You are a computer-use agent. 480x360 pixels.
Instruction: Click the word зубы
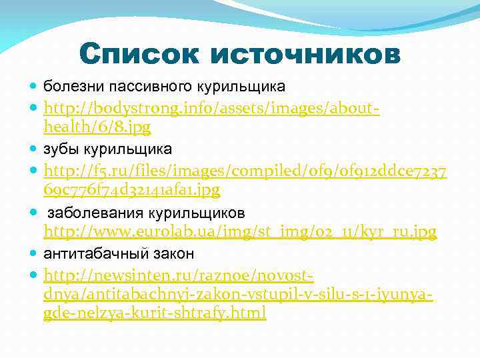59,148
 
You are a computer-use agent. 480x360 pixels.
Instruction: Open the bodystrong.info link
211,107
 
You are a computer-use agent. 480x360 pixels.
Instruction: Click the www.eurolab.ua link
240,232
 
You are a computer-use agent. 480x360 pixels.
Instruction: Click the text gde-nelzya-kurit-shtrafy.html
154,313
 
